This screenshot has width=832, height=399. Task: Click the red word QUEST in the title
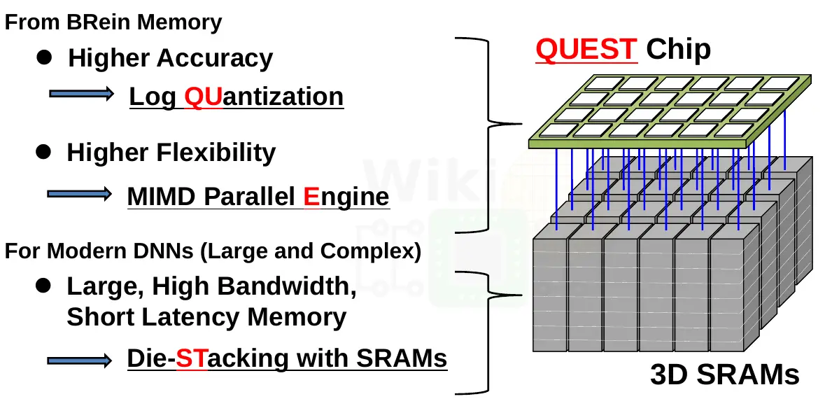click(x=586, y=49)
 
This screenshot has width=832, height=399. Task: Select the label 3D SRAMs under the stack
click(x=724, y=374)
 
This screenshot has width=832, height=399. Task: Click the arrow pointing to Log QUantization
click(x=81, y=94)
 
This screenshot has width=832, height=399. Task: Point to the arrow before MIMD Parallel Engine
click(x=80, y=194)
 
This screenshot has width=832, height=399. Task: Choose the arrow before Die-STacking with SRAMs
click(x=80, y=360)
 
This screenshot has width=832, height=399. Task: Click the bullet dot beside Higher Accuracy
click(x=45, y=58)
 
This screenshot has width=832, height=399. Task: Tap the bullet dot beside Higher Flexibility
click(x=43, y=153)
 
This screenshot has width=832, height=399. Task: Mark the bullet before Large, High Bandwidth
click(x=43, y=286)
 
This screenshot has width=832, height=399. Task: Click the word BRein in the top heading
click(x=94, y=22)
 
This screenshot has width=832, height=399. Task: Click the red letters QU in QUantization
click(x=202, y=97)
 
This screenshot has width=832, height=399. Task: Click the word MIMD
click(x=162, y=197)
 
